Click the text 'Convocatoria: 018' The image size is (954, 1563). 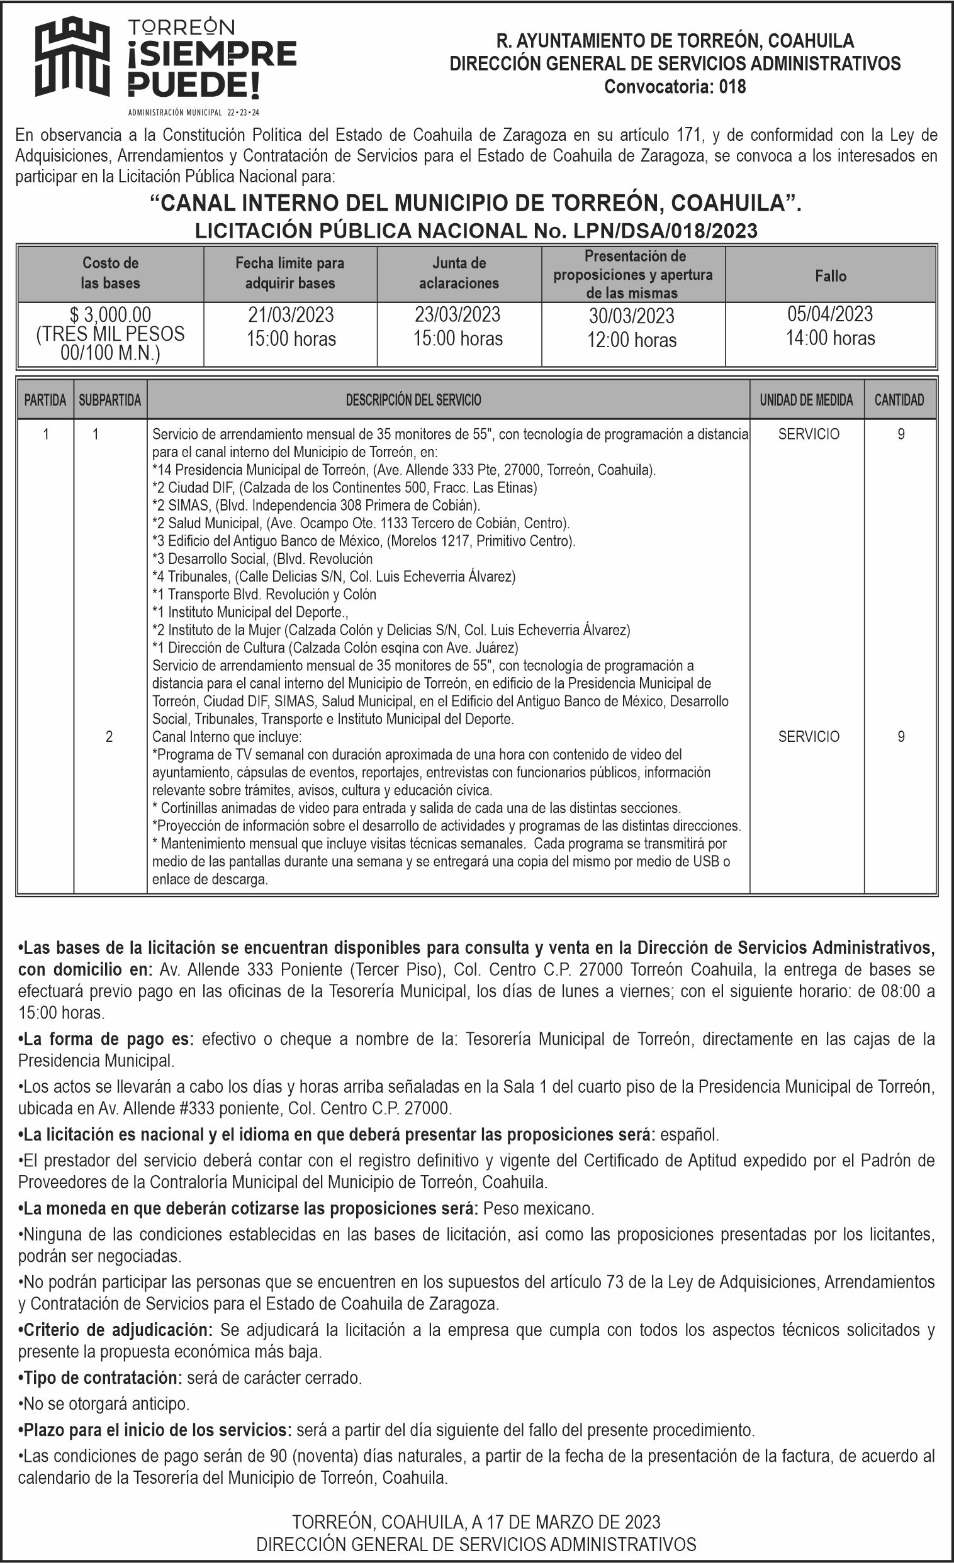click(x=675, y=86)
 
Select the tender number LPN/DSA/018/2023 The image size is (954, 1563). click(x=665, y=230)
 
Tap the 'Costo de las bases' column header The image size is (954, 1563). click(x=111, y=273)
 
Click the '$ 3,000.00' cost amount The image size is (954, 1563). click(x=111, y=314)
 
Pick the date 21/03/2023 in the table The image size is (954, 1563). click(x=291, y=315)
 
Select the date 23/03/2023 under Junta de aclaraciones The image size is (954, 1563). click(x=457, y=315)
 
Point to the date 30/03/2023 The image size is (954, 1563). click(x=632, y=316)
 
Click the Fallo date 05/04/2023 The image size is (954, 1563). click(x=830, y=314)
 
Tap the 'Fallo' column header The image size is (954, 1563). click(x=830, y=276)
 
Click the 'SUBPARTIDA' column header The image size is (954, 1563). click(x=109, y=400)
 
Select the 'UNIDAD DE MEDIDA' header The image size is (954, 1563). click(x=806, y=400)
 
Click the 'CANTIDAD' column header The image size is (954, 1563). click(x=899, y=400)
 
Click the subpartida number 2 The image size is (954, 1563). click(x=109, y=736)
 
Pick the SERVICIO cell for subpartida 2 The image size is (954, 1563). click(x=809, y=736)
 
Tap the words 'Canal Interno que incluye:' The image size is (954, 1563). click(x=227, y=737)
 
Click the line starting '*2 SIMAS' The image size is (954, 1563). click(x=316, y=505)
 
